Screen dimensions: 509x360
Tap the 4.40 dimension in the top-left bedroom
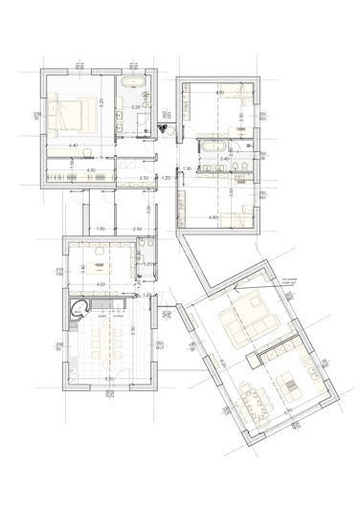(73, 145)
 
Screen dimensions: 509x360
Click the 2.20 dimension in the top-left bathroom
(136, 107)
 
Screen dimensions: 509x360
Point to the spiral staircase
(80, 307)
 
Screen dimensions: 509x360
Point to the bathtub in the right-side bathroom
(214, 145)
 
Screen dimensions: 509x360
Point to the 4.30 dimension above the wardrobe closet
(91, 170)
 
